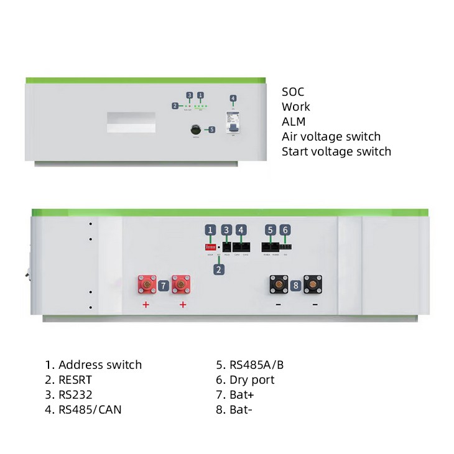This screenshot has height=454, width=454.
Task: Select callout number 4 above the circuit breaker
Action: coord(233,98)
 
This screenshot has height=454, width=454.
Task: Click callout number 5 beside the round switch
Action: coord(211,130)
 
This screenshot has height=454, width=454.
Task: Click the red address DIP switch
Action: coord(210,246)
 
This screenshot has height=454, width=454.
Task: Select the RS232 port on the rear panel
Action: coord(227,246)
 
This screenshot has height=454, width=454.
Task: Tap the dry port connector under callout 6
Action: coord(285,246)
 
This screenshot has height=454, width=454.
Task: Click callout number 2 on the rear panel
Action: coord(218,269)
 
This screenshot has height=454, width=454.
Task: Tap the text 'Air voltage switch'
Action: coord(331,137)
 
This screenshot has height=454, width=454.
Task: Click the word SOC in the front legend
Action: coord(293,92)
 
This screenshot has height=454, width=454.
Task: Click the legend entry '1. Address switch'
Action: coord(93,364)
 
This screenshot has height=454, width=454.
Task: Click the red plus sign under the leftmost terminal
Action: coord(146,305)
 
